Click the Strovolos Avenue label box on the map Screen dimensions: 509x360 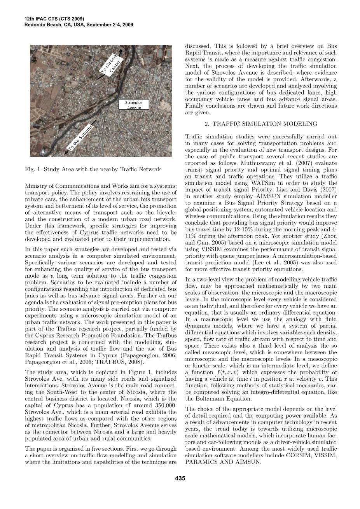tap(134, 105)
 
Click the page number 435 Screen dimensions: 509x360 tap(180, 478)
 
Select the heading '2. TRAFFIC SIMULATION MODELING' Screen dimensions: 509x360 tap(261, 124)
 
